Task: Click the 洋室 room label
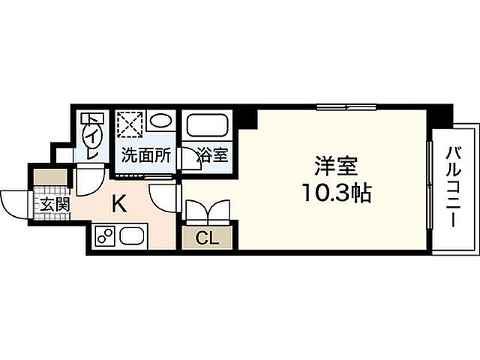point(334,165)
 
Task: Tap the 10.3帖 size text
point(334,193)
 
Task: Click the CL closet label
point(208,238)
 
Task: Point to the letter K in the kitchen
point(118,202)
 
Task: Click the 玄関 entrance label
point(50,203)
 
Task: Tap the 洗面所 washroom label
point(146,157)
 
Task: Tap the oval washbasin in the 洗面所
point(160,121)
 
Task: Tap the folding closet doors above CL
point(208,211)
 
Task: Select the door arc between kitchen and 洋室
point(164,198)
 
